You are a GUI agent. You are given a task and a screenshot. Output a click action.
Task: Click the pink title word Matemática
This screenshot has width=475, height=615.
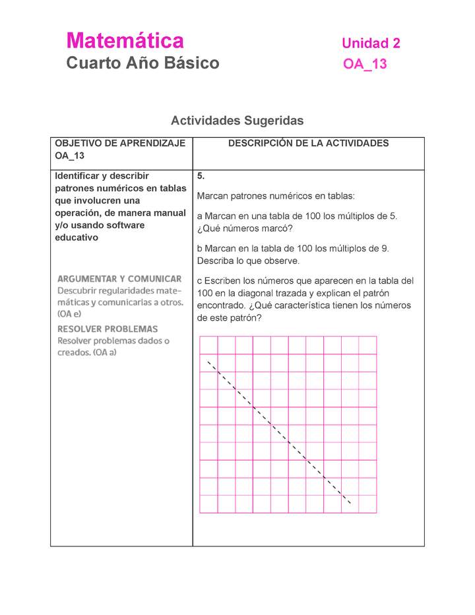click(125, 41)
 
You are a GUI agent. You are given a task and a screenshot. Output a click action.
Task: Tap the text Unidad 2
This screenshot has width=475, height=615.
click(371, 44)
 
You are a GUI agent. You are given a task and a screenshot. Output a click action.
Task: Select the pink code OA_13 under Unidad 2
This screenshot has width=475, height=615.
click(365, 64)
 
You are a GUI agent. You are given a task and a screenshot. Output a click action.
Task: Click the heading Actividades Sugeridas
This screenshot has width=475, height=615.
click(237, 121)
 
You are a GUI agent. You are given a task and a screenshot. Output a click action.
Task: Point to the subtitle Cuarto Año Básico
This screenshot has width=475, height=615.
click(142, 63)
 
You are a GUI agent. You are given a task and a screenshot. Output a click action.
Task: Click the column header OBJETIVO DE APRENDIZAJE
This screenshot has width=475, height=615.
click(120, 143)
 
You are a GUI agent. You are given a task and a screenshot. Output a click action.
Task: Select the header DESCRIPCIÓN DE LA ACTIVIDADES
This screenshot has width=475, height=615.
click(308, 143)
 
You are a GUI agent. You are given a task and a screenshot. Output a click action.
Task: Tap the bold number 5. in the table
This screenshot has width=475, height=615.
click(201, 177)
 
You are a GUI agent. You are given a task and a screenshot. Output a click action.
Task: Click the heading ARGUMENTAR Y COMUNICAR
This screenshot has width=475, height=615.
click(119, 279)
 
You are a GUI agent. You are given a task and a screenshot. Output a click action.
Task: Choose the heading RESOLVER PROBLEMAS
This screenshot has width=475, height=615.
click(108, 329)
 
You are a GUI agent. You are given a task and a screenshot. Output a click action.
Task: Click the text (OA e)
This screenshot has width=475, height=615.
click(69, 315)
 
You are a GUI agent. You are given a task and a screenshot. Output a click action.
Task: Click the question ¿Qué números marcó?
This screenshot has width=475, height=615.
click(245, 228)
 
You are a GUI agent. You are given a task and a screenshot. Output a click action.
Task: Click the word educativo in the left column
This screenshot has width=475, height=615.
click(77, 238)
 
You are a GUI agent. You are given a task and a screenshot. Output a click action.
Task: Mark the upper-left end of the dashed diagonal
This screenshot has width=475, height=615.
click(208, 361)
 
